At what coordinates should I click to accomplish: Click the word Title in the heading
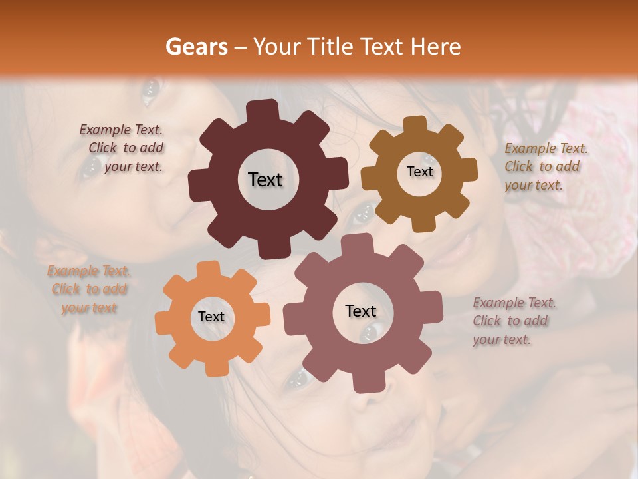[331, 47]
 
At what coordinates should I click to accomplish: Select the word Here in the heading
[435, 47]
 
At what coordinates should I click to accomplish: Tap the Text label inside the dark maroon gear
[265, 180]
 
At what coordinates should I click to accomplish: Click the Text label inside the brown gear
[419, 172]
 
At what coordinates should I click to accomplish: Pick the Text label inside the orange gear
[211, 317]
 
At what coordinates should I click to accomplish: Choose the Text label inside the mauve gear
[361, 311]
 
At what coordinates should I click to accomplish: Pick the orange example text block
[89, 289]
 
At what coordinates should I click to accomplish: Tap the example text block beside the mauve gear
[513, 321]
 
